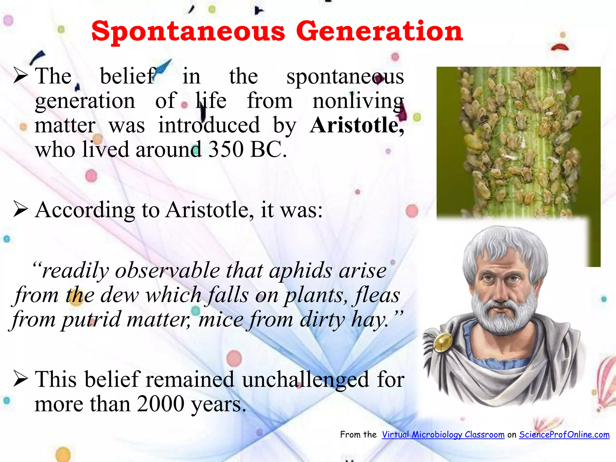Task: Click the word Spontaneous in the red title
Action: (x=188, y=32)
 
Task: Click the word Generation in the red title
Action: (x=380, y=32)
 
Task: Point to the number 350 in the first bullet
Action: (x=226, y=149)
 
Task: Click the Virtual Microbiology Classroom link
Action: (x=443, y=435)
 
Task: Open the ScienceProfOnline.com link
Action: (x=564, y=435)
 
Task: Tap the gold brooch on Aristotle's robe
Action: (x=442, y=343)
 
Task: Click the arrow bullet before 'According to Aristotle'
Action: (x=21, y=209)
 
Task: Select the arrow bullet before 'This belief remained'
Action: (x=21, y=379)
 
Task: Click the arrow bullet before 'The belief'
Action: (x=21, y=75)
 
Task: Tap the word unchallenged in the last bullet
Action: (x=306, y=380)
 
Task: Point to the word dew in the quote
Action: (x=119, y=295)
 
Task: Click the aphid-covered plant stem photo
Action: (x=517, y=141)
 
